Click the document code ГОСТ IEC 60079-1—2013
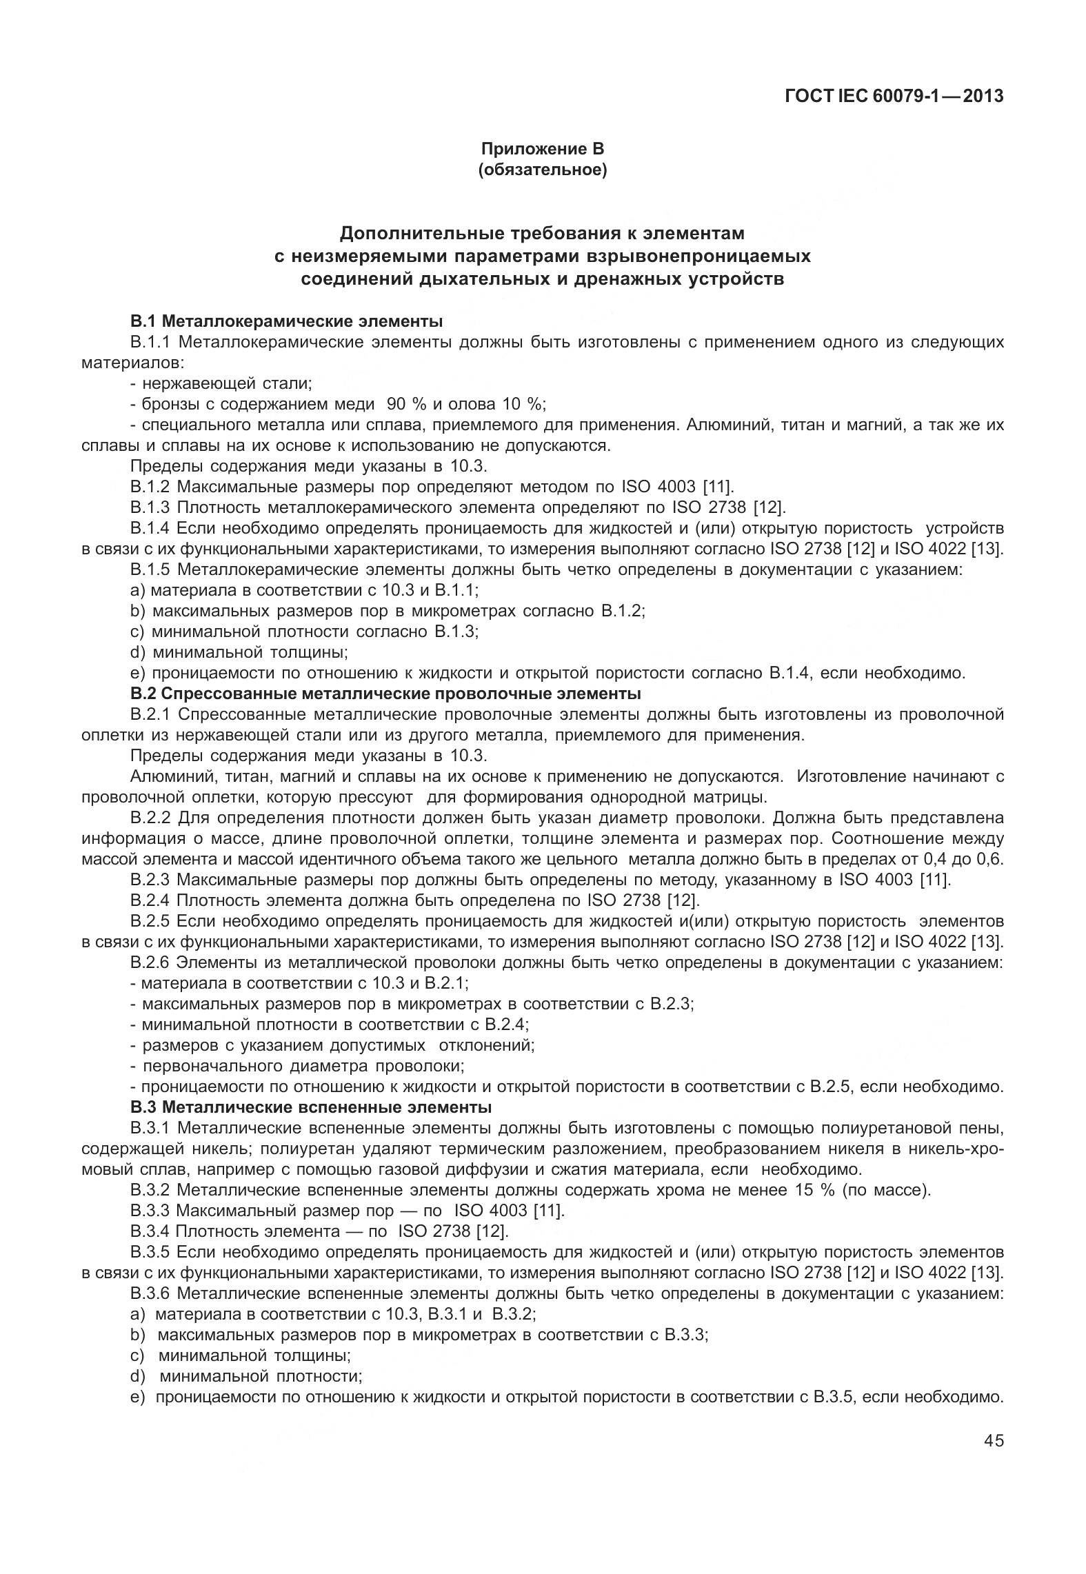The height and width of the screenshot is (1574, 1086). (894, 96)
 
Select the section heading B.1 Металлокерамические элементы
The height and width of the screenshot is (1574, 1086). (286, 321)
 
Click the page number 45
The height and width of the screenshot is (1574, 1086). (994, 1440)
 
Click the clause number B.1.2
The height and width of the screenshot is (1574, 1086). (150, 487)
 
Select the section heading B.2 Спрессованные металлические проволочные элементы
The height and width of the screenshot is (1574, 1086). (385, 693)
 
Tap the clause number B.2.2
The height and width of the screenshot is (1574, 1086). (150, 818)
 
